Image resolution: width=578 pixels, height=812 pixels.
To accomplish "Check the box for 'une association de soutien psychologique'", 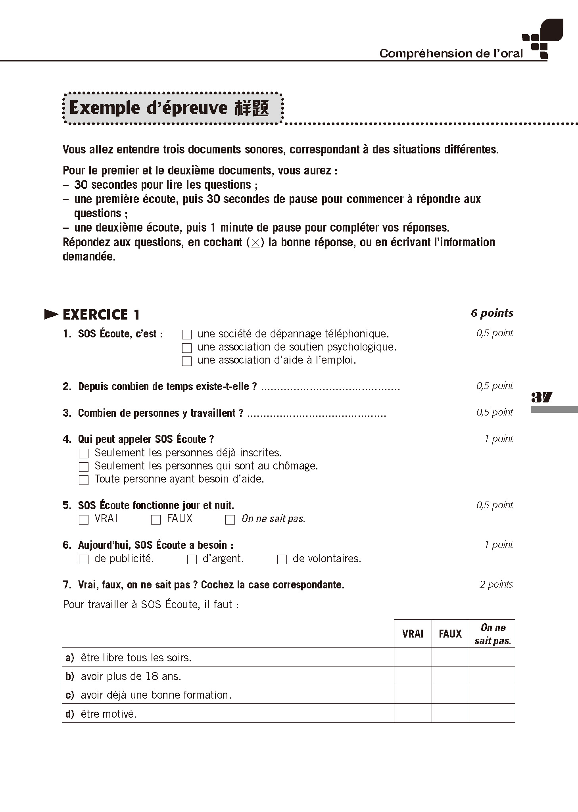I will (186, 348).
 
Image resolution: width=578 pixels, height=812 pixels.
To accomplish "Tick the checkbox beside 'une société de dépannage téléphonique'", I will (186, 335).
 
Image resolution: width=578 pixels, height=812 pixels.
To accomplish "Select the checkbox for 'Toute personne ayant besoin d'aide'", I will (84, 480).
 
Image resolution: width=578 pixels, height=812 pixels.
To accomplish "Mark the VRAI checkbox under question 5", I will (84, 519).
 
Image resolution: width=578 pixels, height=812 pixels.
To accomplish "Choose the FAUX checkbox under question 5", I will (156, 519).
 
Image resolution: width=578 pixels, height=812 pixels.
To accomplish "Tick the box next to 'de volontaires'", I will (282, 559).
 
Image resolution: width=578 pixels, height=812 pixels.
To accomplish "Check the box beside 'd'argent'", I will (192, 559).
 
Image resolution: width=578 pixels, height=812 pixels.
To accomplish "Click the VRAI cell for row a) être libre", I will (413, 658).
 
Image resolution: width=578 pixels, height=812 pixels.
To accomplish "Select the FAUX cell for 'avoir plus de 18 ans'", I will (450, 676).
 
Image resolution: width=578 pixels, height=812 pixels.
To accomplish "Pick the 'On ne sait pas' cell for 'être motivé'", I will (492, 714).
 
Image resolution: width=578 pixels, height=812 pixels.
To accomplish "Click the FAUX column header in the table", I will (450, 634).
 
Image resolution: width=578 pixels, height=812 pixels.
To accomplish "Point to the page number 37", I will (542, 397).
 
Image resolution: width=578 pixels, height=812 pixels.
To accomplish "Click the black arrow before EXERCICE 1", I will (52, 314).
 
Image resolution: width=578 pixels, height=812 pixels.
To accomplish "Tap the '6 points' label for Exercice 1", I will (492, 313).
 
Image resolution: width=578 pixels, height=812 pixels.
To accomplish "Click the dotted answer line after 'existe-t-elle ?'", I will (330, 388).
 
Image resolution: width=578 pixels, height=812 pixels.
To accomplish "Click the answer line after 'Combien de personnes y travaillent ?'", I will (316, 414).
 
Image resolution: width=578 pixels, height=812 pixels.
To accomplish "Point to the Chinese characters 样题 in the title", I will (252, 108).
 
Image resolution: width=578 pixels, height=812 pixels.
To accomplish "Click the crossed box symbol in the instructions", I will (255, 243).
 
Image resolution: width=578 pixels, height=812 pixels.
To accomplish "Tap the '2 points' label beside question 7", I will (496, 584).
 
